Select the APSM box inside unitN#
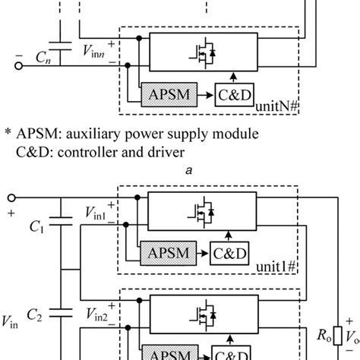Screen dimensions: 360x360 168,96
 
